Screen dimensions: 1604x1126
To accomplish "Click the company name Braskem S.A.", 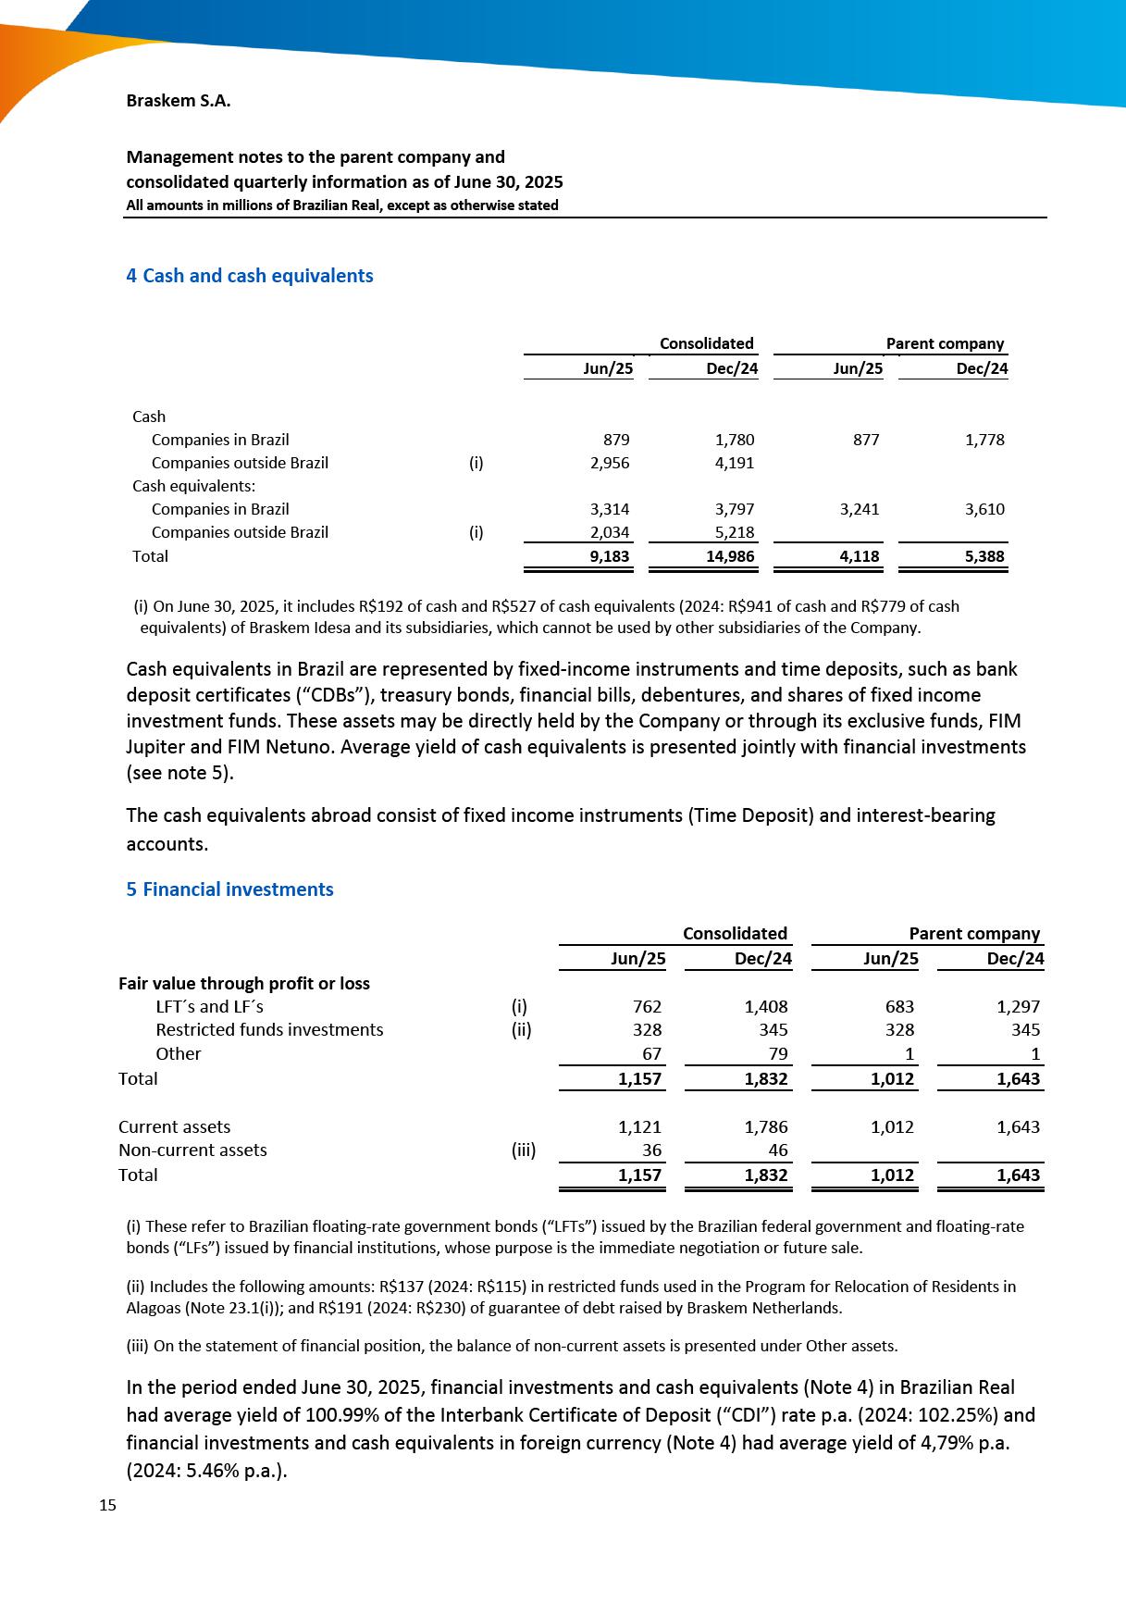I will pos(178,101).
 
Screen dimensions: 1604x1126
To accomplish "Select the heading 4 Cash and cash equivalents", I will pos(249,276).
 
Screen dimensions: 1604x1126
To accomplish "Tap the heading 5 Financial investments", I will pos(229,889).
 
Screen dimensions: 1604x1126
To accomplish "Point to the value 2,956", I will pos(610,463).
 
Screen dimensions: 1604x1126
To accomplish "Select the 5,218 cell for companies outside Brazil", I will pos(735,532).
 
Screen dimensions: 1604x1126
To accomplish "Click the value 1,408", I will pos(766,1006).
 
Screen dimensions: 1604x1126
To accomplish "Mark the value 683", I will pos(899,1006).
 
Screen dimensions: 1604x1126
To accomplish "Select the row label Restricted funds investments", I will pos(269,1029).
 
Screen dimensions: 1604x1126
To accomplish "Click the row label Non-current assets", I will pos(192,1150).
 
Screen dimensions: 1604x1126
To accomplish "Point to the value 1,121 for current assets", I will pos(639,1126).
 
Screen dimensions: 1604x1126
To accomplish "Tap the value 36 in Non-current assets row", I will pos(652,1150).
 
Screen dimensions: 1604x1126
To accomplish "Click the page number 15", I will pos(107,1505).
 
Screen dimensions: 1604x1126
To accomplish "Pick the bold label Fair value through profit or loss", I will pos(244,983).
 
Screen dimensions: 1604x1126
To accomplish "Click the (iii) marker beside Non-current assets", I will pos(524,1150).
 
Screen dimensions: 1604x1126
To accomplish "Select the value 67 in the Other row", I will pos(652,1053).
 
